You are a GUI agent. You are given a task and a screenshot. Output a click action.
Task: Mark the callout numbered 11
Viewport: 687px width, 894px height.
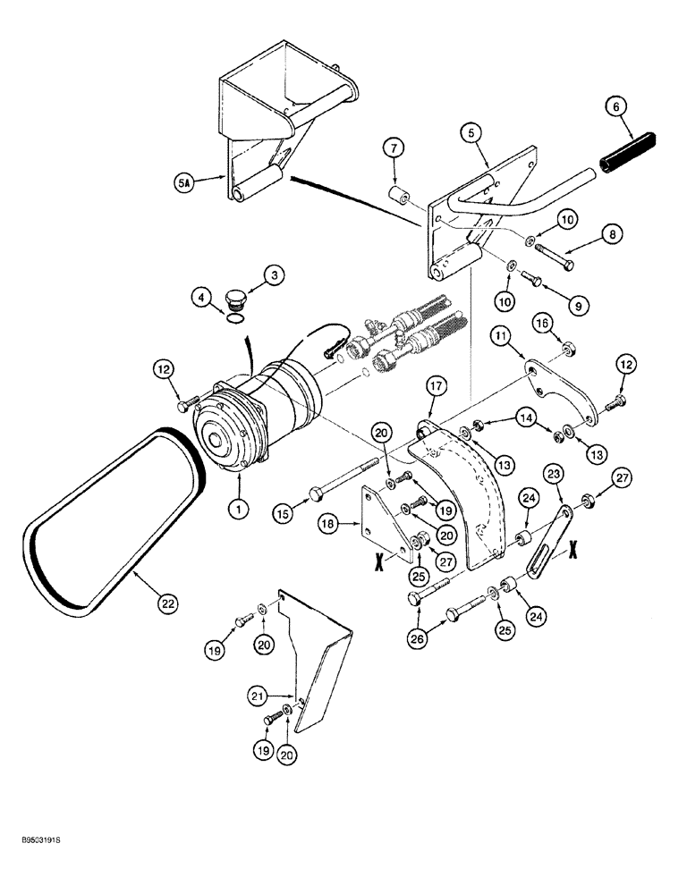[x=503, y=335]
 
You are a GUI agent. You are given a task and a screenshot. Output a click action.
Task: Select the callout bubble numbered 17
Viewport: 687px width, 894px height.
[x=436, y=387]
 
